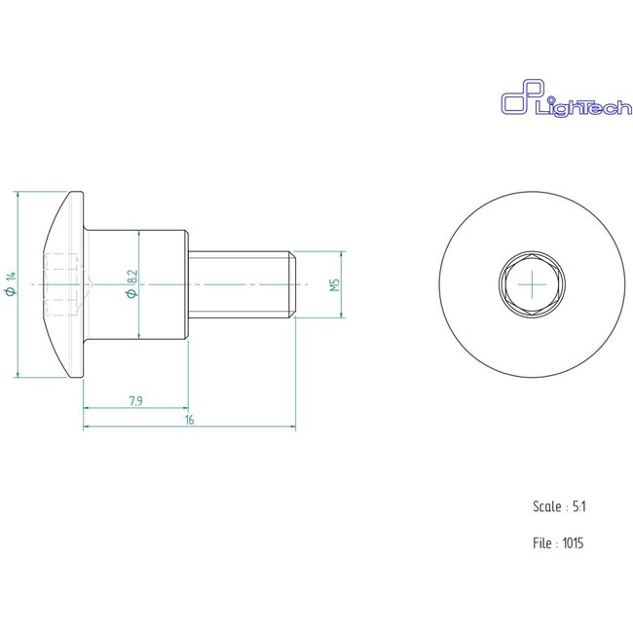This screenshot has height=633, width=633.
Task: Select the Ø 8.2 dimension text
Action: pos(131,284)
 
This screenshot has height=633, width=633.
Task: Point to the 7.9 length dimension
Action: pos(136,399)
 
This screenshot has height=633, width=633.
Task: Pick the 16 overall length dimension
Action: pos(189,420)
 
